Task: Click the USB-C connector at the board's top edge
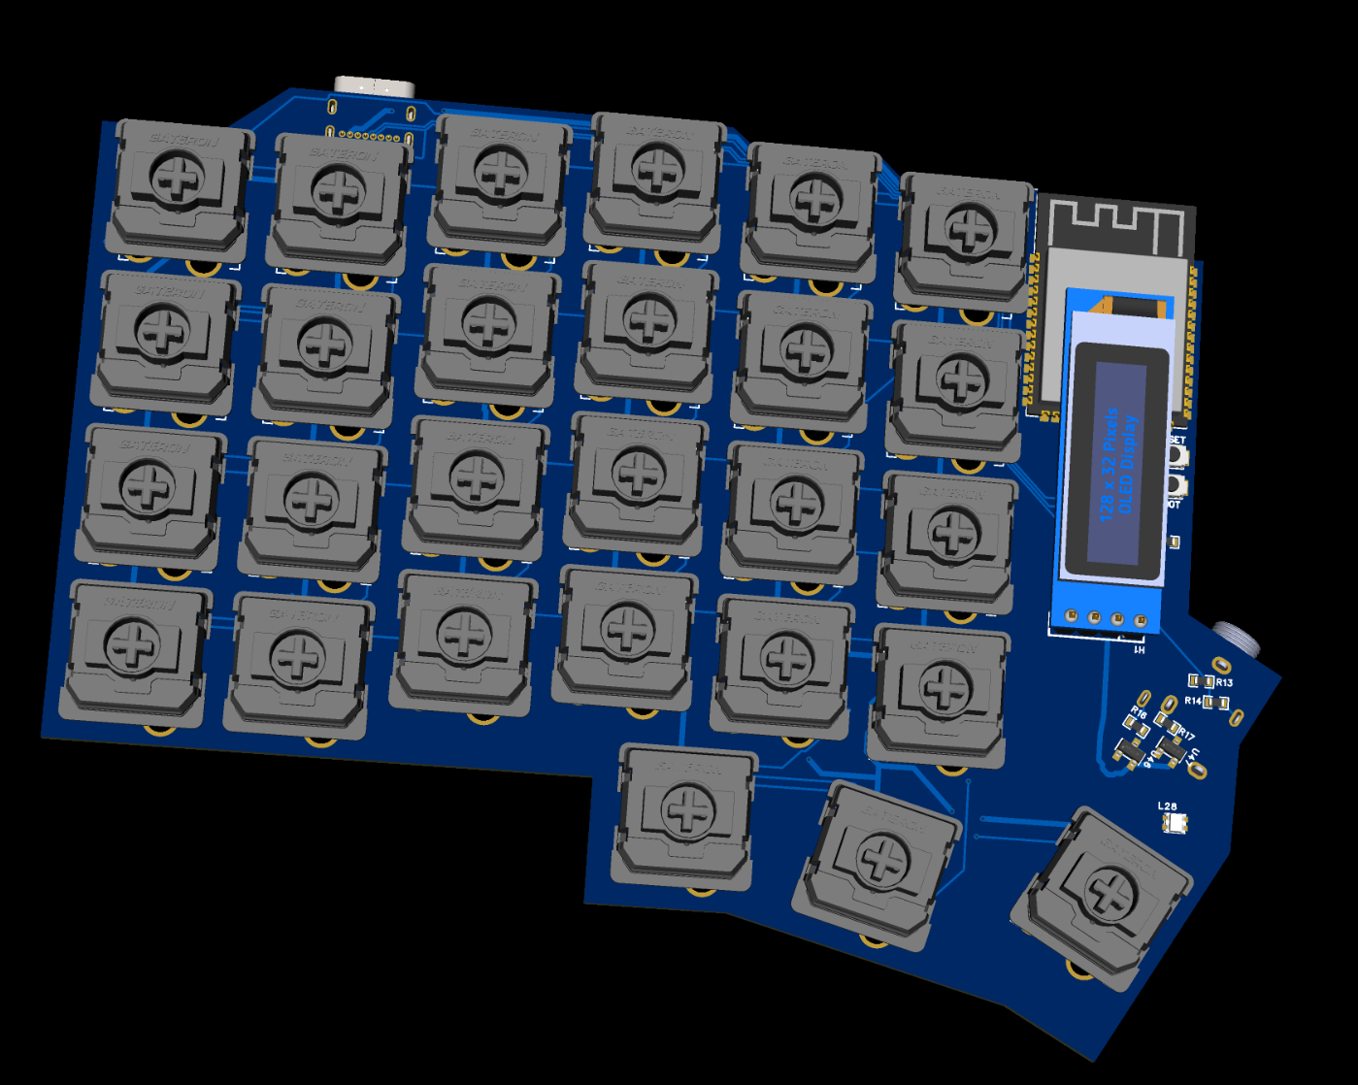click(x=374, y=86)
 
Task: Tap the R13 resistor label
click(x=1224, y=682)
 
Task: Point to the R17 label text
click(x=1187, y=737)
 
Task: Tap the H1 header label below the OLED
click(x=1140, y=649)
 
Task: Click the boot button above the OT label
click(x=1176, y=485)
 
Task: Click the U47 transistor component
click(x=1172, y=752)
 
